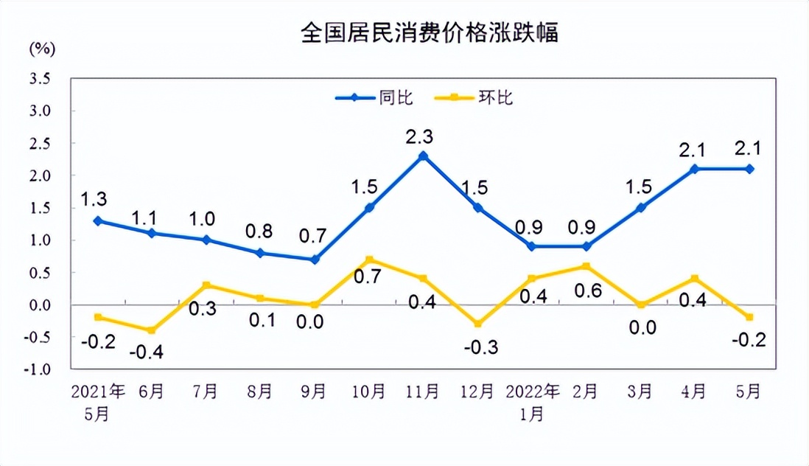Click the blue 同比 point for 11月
pyautogui.click(x=423, y=156)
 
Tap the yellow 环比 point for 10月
pyautogui.click(x=369, y=260)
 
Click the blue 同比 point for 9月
pyautogui.click(x=315, y=260)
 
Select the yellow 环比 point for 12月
pyautogui.click(x=477, y=324)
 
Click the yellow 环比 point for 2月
pyautogui.click(x=586, y=266)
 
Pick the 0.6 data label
pyautogui.click(x=587, y=291)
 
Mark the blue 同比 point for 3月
pyautogui.click(x=641, y=208)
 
